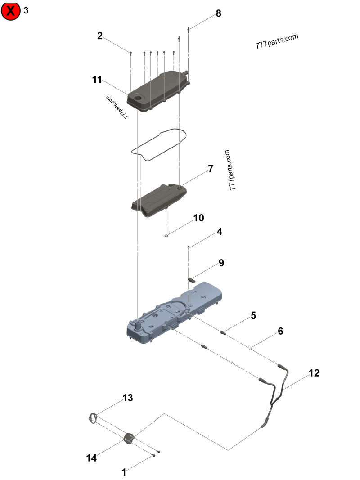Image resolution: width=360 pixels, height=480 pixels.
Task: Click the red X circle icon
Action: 11,11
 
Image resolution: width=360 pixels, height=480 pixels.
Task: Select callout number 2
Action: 100,36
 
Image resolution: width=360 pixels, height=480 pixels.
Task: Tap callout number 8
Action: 218,13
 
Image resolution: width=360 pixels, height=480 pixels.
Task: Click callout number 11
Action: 97,80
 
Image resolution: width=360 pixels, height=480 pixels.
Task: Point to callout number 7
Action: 210,169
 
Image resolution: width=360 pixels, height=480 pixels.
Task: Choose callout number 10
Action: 198,218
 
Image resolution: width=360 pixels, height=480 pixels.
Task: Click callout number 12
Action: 314,373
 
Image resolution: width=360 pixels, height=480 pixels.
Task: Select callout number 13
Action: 128,398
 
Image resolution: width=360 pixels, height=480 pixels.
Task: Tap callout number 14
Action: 91,458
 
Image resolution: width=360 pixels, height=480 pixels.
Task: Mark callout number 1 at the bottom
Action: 124,472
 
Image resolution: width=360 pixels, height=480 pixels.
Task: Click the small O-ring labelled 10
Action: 166,234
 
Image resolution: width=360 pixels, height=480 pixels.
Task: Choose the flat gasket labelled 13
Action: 93,418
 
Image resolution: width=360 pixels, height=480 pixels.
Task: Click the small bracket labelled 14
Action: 130,437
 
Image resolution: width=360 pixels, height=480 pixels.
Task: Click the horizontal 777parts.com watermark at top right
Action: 276,42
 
